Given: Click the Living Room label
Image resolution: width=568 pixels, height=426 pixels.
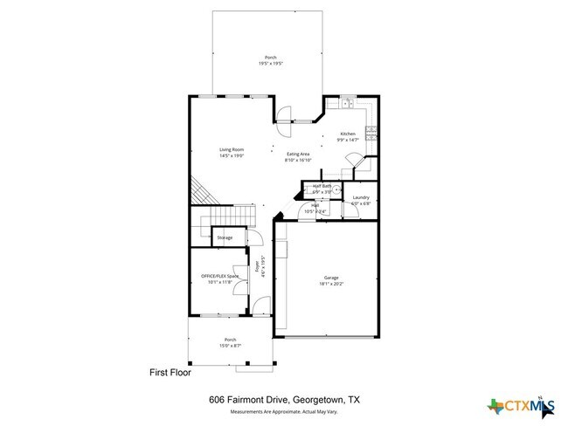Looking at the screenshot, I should click(231, 149).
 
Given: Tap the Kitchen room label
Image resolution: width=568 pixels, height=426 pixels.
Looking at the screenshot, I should click(349, 134).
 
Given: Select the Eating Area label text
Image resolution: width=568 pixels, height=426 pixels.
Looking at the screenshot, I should click(298, 154).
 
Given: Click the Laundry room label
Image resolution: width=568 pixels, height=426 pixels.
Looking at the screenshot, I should click(361, 197).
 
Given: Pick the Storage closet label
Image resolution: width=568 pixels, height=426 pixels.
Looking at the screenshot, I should click(225, 237).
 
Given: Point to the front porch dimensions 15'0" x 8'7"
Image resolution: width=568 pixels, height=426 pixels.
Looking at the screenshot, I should click(231, 346).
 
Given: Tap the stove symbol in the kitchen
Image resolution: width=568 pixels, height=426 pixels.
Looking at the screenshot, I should click(371, 132).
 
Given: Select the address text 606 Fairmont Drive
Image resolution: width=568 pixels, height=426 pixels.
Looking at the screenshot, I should click(253, 399).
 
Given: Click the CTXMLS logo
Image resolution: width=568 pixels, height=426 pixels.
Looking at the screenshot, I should click(518, 406).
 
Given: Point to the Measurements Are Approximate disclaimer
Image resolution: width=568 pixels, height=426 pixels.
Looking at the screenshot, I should click(284, 411).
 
